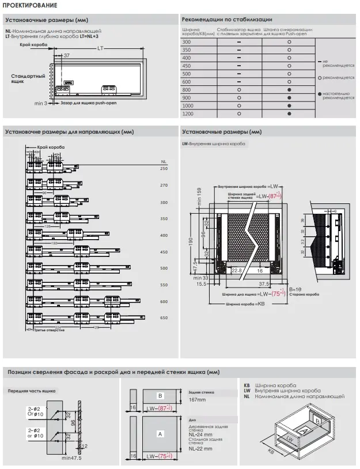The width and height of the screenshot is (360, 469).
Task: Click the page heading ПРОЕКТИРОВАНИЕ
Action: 29,5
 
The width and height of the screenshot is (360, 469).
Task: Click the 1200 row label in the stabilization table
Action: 188,114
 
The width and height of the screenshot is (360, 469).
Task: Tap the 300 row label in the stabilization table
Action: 186,42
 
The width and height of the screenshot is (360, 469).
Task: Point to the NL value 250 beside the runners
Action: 164,168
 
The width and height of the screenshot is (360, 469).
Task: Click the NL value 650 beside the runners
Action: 164,318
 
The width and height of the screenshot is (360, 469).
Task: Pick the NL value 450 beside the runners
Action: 164,252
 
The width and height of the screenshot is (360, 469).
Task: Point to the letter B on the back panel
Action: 160,396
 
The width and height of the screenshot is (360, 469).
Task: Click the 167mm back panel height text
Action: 198,399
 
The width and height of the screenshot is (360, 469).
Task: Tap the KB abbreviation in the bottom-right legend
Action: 247,384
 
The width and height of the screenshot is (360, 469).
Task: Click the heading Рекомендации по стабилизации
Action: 223,20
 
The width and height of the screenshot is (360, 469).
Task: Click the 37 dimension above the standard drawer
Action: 66,55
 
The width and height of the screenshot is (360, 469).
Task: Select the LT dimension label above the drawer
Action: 100,48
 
